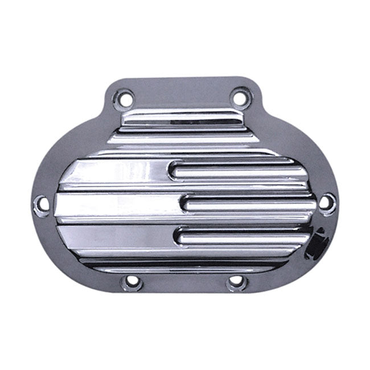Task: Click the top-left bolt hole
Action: (126, 99)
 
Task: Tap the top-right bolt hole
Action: (241, 98)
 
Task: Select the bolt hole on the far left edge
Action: (42, 203)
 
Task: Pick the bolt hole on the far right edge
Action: (326, 202)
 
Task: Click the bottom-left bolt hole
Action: (132, 281)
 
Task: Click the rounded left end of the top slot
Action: (176, 169)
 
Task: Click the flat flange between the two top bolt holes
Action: (183, 94)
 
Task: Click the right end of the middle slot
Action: (310, 203)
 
